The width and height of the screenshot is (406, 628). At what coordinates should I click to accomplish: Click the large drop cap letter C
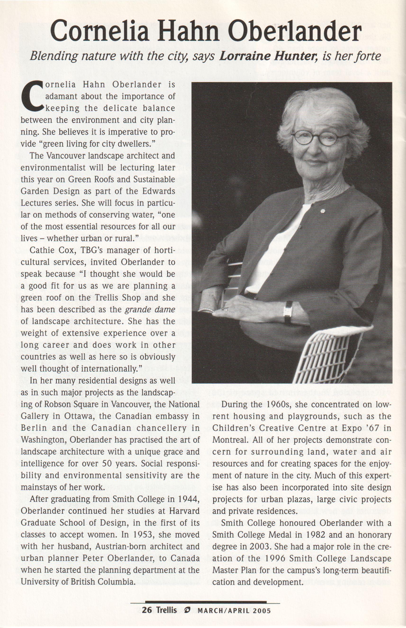tap(32, 96)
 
